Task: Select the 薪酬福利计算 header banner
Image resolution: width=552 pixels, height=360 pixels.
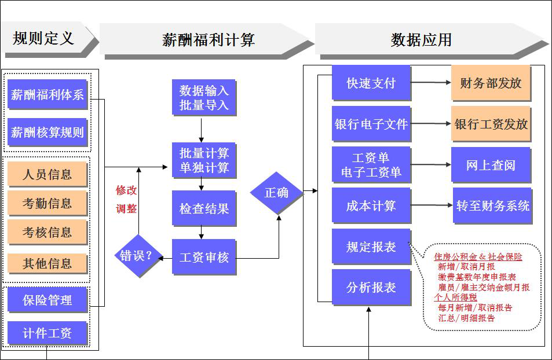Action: pos(206,39)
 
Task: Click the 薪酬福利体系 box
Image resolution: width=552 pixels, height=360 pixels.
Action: pos(47,95)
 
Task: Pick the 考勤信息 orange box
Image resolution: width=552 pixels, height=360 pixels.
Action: pos(47,203)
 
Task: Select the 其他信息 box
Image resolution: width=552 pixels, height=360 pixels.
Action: pos(47,264)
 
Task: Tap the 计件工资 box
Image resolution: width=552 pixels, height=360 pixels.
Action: pos(47,333)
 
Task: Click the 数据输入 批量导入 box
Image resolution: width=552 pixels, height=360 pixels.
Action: pos(204,98)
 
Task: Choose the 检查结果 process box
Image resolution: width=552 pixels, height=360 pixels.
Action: pos(204,208)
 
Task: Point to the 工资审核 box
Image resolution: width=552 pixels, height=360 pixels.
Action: pos(204,257)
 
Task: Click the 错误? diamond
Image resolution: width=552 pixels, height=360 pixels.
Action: pos(137,255)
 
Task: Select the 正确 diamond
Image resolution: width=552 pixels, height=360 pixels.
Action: pos(277,193)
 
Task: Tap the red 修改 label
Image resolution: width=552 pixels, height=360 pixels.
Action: pos(126,190)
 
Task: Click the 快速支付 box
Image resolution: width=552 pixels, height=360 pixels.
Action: pos(371,83)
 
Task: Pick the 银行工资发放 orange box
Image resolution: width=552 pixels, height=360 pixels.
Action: pos(491,124)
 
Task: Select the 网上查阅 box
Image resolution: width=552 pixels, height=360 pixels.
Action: pos(491,165)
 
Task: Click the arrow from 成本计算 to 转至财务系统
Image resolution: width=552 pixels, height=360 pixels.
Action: pos(432,205)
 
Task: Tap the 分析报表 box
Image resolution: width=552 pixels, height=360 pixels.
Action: pos(371,287)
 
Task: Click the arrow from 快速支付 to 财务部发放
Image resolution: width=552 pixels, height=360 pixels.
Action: pos(431,83)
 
